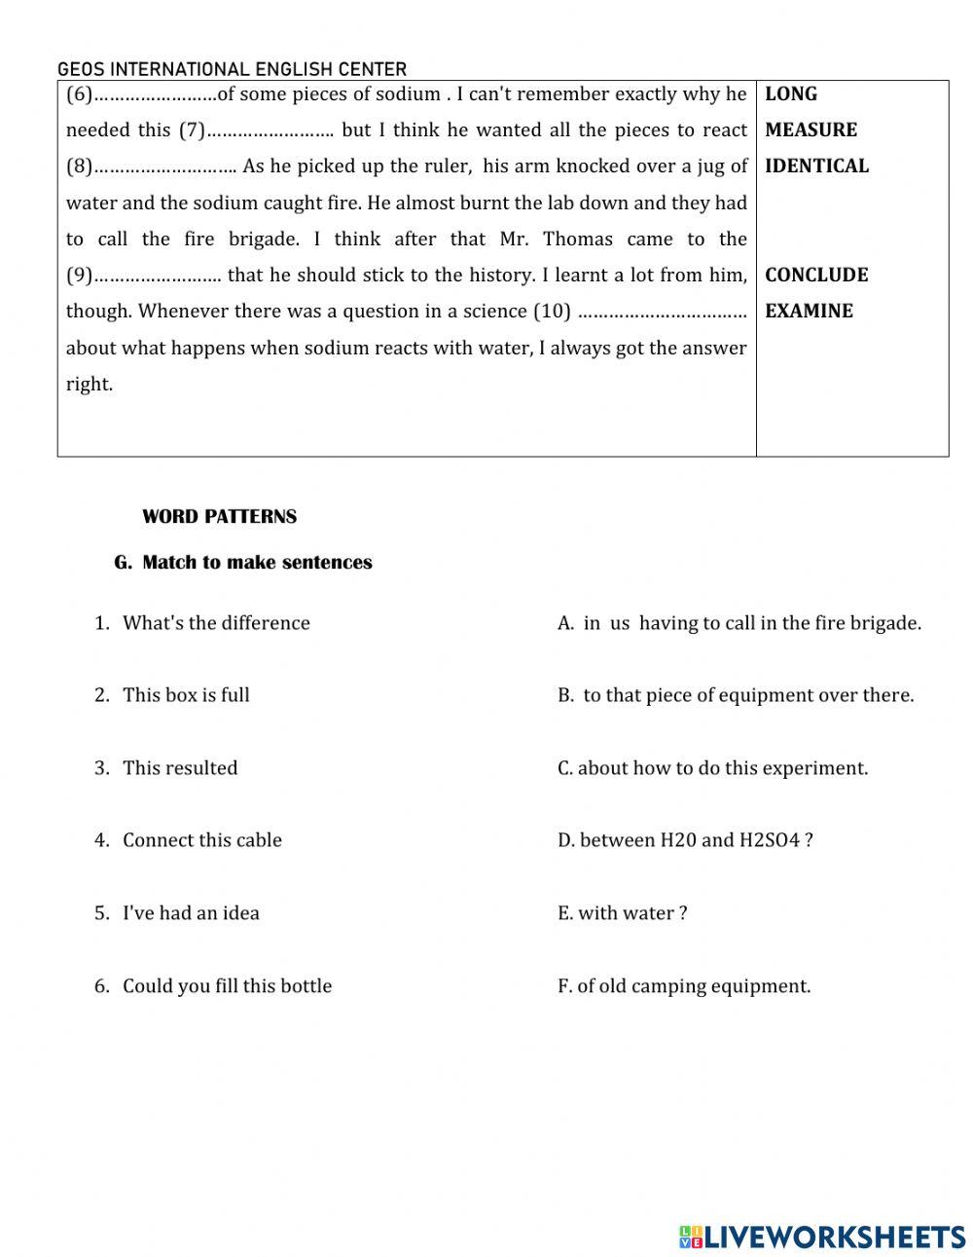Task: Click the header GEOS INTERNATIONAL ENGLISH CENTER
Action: pyautogui.click(x=232, y=69)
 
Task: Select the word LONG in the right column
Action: pyautogui.click(x=790, y=94)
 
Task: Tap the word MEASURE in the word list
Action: pyautogui.click(x=811, y=130)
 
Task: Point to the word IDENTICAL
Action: pyautogui.click(x=816, y=166)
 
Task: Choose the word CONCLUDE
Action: pyautogui.click(x=815, y=276)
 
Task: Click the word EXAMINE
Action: pyautogui.click(x=809, y=312)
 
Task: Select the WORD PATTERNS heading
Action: pyautogui.click(x=219, y=517)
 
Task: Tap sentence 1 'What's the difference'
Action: pyautogui.click(x=216, y=623)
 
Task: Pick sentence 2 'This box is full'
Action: pyautogui.click(x=186, y=695)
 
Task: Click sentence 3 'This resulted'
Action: pyautogui.click(x=180, y=768)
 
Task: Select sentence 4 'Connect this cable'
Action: pyautogui.click(x=202, y=840)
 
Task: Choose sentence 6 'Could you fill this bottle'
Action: pyautogui.click(x=227, y=986)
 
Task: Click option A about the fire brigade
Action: pyautogui.click(x=739, y=623)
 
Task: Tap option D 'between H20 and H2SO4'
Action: pyautogui.click(x=685, y=840)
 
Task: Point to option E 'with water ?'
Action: pyautogui.click(x=623, y=913)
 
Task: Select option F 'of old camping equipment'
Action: pyautogui.click(x=684, y=986)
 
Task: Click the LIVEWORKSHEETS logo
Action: pyautogui.click(x=823, y=1237)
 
